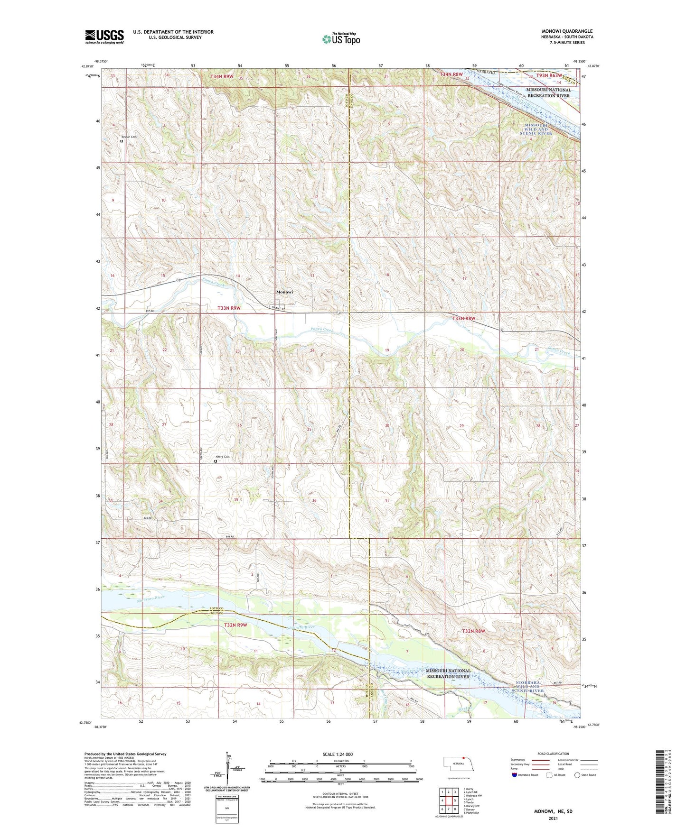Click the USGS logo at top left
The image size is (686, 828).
pos(104,37)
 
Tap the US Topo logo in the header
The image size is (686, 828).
pos(341,39)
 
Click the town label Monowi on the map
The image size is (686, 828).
pos(285,292)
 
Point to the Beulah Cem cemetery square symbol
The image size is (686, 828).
pos(122,141)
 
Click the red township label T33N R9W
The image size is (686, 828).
pos(229,308)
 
